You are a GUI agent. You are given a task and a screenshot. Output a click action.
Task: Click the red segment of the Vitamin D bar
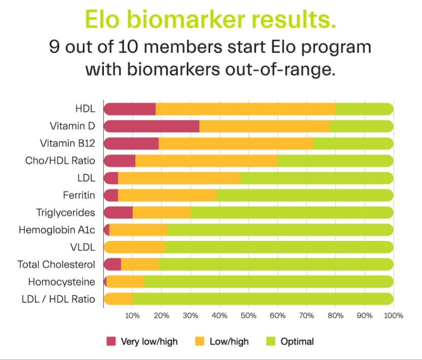[x=151, y=126]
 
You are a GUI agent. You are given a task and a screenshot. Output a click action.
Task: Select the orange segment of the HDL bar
[x=245, y=109]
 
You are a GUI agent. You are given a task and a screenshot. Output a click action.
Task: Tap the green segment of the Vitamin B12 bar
[x=353, y=143]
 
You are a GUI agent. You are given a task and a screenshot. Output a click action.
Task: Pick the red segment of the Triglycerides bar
[x=118, y=213]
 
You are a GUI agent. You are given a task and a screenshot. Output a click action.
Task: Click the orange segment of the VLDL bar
[x=134, y=247]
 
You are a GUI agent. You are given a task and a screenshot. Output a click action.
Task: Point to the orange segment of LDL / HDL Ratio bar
[x=118, y=299]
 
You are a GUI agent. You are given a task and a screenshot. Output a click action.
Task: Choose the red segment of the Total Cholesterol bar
[x=112, y=264]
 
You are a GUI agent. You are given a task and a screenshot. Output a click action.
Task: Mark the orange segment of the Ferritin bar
[x=167, y=195]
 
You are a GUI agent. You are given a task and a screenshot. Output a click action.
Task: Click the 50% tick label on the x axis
[x=248, y=315]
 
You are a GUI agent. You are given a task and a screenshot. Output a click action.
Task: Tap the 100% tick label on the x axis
[x=394, y=315]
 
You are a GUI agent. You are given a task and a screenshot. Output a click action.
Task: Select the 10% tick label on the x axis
[x=132, y=315]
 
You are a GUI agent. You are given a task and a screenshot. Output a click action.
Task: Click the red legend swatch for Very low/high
[x=111, y=341]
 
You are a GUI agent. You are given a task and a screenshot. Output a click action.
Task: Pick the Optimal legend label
[x=297, y=341]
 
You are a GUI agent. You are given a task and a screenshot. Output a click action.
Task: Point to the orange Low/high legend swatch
[x=200, y=341]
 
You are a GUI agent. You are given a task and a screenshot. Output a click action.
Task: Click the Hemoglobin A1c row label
[x=57, y=230]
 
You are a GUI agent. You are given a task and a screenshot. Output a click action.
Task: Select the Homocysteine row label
[x=62, y=282]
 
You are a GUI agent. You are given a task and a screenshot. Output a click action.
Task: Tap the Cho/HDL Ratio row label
[x=60, y=161]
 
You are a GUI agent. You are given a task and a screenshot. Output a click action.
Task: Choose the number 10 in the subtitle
[x=128, y=47]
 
